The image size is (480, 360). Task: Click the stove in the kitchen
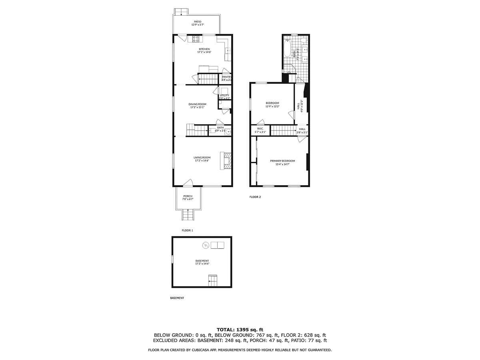point(196,39)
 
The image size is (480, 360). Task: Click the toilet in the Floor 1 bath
point(218,130)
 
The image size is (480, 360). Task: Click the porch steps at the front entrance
point(188,215)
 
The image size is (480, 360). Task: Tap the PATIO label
point(197,22)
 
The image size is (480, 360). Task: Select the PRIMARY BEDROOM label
point(282,161)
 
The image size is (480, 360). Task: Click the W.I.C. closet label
point(260,129)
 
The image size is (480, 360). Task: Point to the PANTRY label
point(227,77)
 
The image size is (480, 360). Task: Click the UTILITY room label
point(224,95)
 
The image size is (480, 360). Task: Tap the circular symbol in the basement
point(205,245)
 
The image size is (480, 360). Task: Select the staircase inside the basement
point(212,281)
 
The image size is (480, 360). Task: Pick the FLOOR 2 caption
point(255,197)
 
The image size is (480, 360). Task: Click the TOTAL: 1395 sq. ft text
point(240,330)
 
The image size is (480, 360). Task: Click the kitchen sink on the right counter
point(228,50)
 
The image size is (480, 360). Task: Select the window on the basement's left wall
point(172,259)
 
